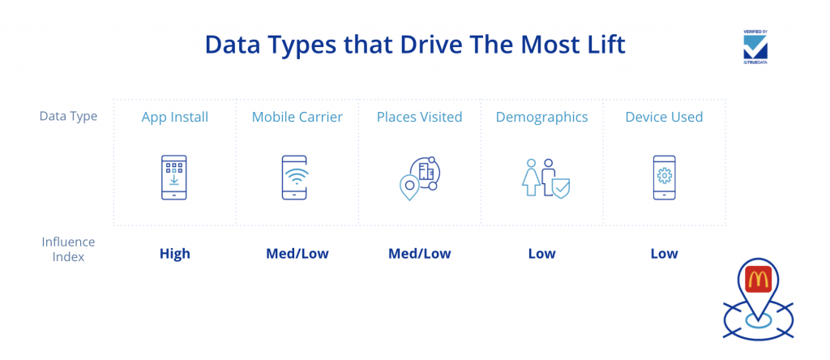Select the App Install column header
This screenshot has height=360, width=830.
[x=175, y=117]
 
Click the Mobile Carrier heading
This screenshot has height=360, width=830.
[x=297, y=117]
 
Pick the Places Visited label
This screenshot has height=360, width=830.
[x=419, y=117]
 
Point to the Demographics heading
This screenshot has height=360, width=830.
[x=541, y=118]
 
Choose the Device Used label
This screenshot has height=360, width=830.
[x=664, y=117]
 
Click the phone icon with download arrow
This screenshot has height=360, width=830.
[x=174, y=178]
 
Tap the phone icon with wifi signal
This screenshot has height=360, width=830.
[x=294, y=178]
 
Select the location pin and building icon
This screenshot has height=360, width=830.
[x=420, y=178]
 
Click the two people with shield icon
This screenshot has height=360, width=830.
[x=545, y=178]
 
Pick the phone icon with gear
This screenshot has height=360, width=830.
[x=665, y=178]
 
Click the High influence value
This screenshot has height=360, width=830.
[x=175, y=254]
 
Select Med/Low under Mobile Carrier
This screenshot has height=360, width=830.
[x=297, y=254]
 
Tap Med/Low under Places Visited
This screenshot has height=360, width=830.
[x=419, y=254]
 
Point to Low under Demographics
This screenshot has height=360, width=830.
[x=541, y=254]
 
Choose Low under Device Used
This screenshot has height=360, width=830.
[x=664, y=254]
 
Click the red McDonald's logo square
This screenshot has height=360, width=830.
[x=759, y=279]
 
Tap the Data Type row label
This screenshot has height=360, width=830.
[x=68, y=117]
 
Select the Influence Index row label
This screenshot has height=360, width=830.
[x=68, y=250]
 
